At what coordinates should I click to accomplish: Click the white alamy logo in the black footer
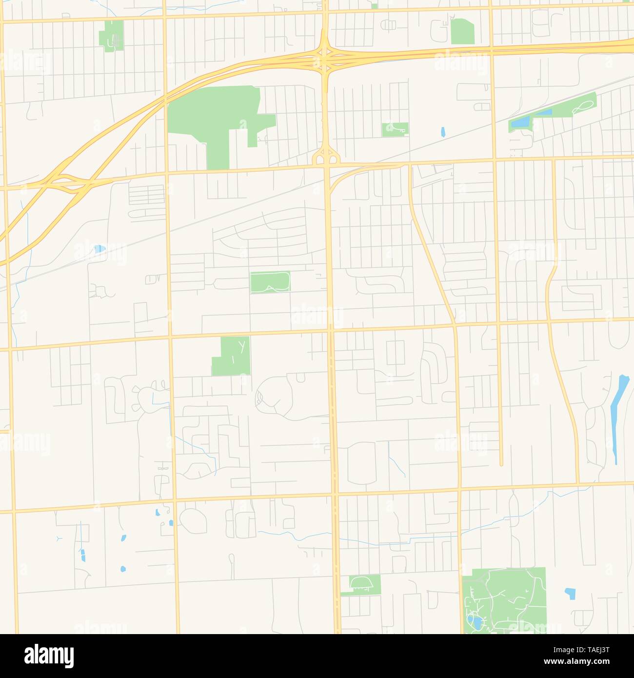pyautogui.click(x=49, y=656)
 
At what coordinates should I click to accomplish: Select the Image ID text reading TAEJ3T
pyautogui.click(x=582, y=649)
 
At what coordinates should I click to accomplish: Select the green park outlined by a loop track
pyautogui.click(x=270, y=282)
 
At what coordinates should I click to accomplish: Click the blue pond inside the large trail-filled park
pyautogui.click(x=474, y=621)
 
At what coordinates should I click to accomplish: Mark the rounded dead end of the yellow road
pyautogui.click(x=501, y=463)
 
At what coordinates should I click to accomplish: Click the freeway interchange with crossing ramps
pyautogui.click(x=324, y=58)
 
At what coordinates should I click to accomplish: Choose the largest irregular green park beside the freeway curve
pyautogui.click(x=215, y=117)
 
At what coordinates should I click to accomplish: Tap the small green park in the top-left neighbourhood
pyautogui.click(x=112, y=36)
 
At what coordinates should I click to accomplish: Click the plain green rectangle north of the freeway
pyautogui.click(x=462, y=31)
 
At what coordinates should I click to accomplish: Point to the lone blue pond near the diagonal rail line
pyautogui.click(x=443, y=131)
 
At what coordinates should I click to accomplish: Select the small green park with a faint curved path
pyautogui.click(x=395, y=129)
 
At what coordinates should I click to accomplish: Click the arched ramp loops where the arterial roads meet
pyautogui.click(x=325, y=157)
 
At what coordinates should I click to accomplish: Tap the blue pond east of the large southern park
pyautogui.click(x=570, y=593)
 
